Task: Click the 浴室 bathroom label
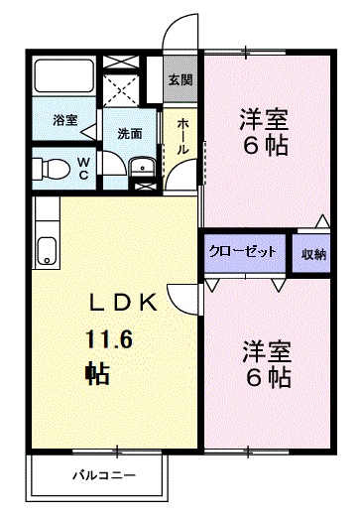pos(64,120)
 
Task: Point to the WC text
pos(82,169)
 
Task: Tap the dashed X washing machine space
pos(124,89)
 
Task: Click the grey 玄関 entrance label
pos(179,80)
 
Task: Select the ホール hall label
pos(183,136)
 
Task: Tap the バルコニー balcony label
pos(102,475)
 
